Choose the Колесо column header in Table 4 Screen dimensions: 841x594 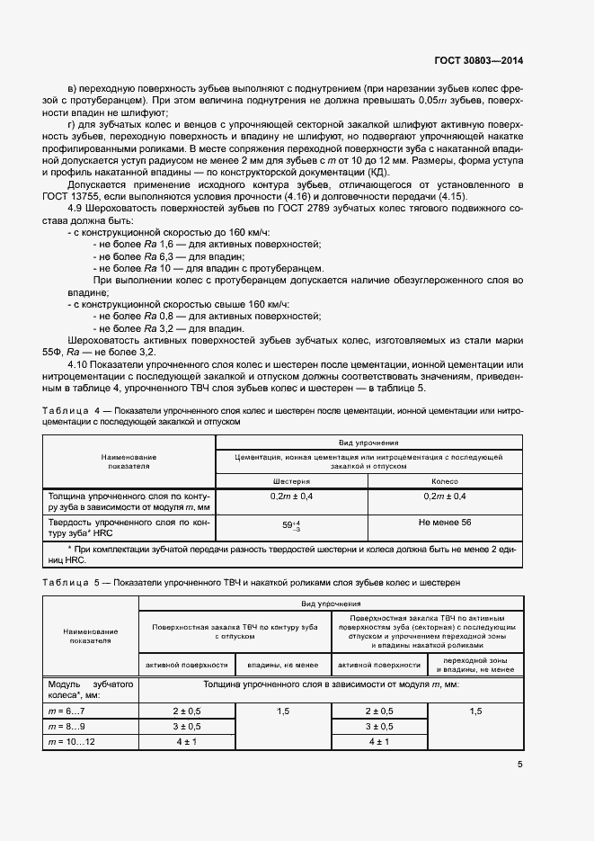[444, 481]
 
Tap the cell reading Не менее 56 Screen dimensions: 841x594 [444, 522]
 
